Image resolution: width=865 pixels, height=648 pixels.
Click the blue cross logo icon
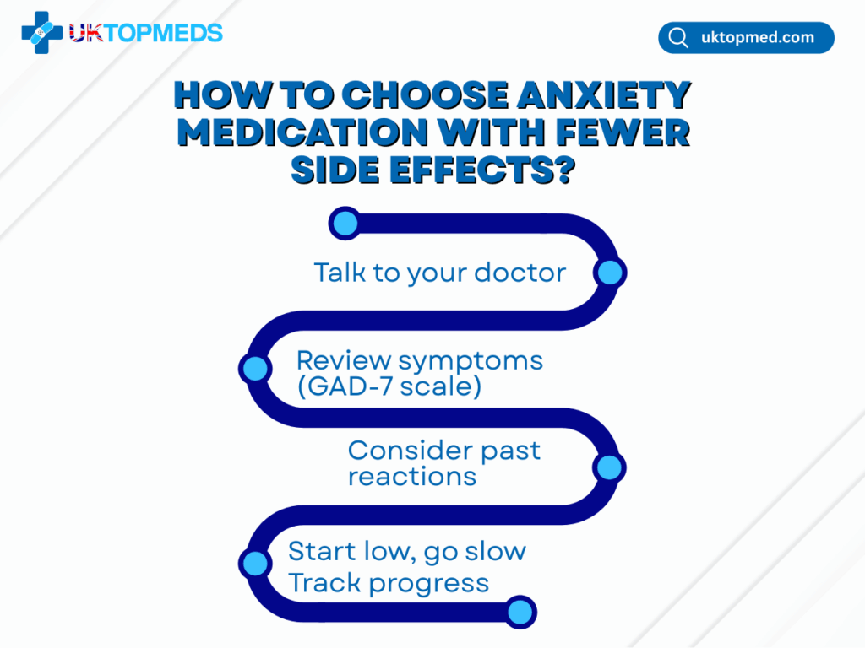pyautogui.click(x=42, y=33)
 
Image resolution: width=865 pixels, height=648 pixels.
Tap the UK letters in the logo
pyautogui.click(x=86, y=33)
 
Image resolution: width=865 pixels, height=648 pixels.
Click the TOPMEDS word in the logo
pyautogui.click(x=163, y=33)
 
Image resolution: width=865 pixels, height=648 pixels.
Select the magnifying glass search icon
pyautogui.click(x=678, y=38)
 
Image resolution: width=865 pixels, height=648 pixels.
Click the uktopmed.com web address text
pyautogui.click(x=758, y=37)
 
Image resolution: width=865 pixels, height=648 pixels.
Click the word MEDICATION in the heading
pyautogui.click(x=303, y=132)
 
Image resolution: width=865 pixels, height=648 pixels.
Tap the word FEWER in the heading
pyautogui.click(x=623, y=132)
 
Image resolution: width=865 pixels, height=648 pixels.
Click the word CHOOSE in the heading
pyautogui.click(x=425, y=94)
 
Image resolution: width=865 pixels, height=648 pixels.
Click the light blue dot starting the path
pyautogui.click(x=345, y=223)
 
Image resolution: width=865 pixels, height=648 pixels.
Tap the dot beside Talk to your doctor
pyautogui.click(x=610, y=273)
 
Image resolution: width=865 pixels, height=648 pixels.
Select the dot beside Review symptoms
pyautogui.click(x=255, y=368)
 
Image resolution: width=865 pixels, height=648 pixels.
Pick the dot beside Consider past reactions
pyautogui.click(x=609, y=467)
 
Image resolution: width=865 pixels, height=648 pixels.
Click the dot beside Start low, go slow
pyautogui.click(x=255, y=563)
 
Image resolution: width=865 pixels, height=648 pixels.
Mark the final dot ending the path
pyautogui.click(x=520, y=612)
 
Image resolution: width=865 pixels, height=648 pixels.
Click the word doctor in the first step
pyautogui.click(x=520, y=273)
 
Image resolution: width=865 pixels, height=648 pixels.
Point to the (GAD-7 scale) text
pyautogui.click(x=389, y=386)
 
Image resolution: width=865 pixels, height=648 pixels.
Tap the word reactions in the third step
pyautogui.click(x=412, y=477)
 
